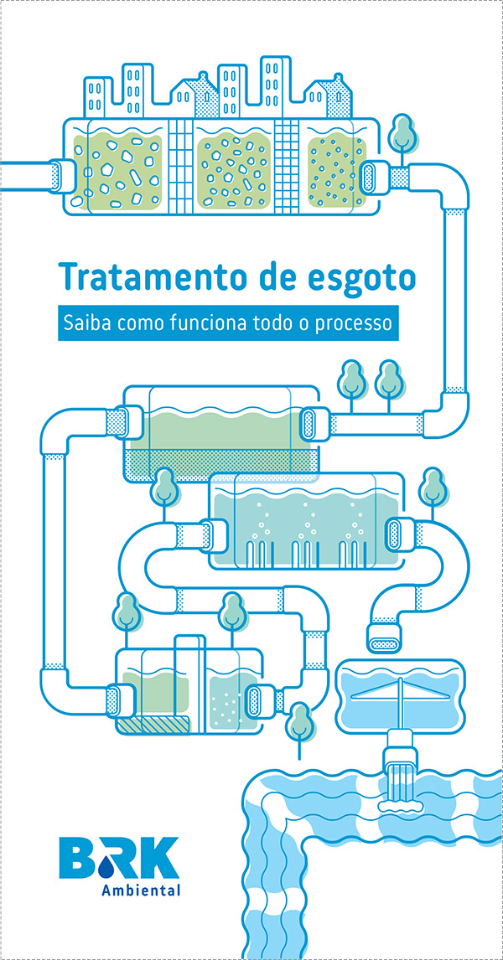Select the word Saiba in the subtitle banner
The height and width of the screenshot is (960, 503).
click(x=85, y=323)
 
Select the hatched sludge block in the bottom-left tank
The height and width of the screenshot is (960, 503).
click(x=151, y=725)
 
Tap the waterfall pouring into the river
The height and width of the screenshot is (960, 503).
click(x=401, y=775)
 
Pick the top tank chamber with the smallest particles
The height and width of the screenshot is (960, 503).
click(x=336, y=172)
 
